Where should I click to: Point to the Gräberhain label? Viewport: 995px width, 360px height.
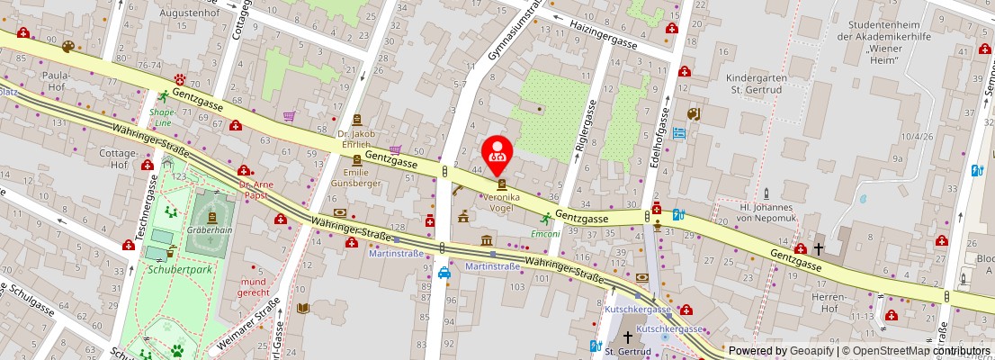[209, 229]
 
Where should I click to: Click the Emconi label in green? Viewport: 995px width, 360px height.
[545, 234]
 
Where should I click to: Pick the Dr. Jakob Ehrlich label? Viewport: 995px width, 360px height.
[356, 139]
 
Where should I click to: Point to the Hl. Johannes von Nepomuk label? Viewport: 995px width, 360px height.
[765, 211]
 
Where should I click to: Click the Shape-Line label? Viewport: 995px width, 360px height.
[163, 117]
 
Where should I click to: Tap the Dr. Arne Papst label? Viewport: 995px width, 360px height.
[255, 190]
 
